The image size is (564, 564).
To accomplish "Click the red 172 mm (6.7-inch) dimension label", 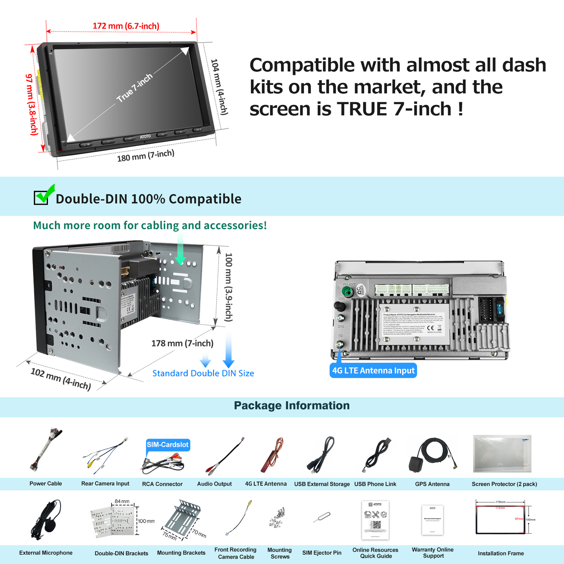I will click(126, 26).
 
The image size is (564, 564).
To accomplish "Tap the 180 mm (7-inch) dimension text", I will click(146, 155).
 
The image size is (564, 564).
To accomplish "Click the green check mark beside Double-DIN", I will click(44, 194).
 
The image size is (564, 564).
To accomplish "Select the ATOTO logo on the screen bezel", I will click(145, 136).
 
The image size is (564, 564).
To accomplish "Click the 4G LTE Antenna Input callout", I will click(373, 370).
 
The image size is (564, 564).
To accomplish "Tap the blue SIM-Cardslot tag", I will click(168, 445).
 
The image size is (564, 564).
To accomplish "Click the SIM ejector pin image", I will click(322, 517).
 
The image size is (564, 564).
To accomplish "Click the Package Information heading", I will click(292, 406).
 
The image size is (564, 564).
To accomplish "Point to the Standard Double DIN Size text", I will click(203, 373).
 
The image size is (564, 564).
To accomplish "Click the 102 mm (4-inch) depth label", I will click(61, 379).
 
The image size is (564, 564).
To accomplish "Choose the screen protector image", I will click(502, 454).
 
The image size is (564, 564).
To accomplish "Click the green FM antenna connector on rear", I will click(348, 292).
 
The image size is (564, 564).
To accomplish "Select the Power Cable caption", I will click(45, 484).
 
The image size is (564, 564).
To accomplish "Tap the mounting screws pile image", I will click(278, 517).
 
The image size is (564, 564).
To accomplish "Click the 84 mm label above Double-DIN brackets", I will click(122, 501).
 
